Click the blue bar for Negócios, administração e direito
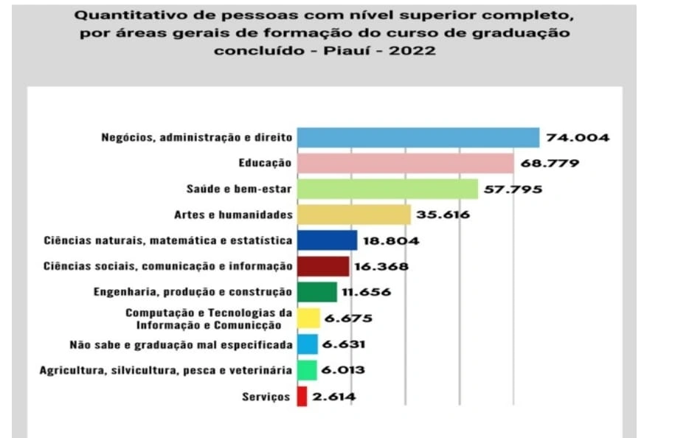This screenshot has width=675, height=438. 418,138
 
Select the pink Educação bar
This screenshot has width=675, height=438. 404,163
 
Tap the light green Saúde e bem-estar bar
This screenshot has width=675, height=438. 387,189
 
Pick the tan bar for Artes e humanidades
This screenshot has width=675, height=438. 353,215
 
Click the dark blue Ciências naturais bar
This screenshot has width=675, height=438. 327,240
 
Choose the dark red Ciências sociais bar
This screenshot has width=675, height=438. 322,266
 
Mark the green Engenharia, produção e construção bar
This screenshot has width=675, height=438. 316,292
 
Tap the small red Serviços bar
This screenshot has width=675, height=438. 302,397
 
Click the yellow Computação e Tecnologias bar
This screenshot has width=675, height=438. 308,319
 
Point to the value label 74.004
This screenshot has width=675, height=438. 578,138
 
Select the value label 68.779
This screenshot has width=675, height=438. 551,163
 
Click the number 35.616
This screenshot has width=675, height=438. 443,215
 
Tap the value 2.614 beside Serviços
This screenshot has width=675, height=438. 334,397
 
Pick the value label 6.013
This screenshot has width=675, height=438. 343,370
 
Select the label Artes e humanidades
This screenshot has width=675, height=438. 234,215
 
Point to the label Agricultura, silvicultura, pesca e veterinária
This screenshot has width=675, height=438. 166,370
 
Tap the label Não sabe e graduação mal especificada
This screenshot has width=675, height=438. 181,344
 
